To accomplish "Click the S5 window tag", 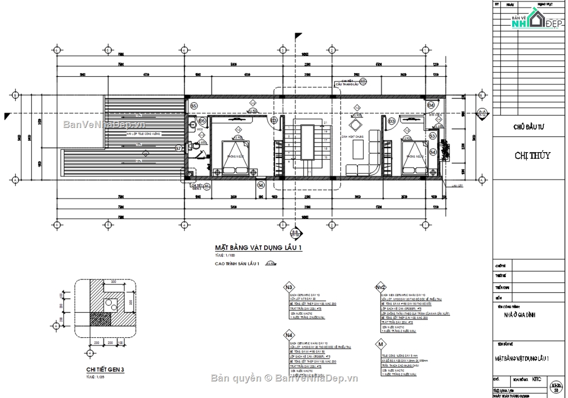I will point(194,106).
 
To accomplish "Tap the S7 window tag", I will point(178,148).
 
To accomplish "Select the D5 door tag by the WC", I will point(202,121).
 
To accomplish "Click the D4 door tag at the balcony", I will point(431,105).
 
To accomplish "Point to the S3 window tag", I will point(432,136).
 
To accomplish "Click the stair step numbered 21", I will point(325,123).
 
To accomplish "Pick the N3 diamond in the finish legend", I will point(288,287).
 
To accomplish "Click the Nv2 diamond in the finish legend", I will point(381,287).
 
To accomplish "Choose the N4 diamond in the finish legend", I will point(288,335).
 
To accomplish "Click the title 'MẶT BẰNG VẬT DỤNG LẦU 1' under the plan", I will point(258,248).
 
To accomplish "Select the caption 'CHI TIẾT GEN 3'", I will point(105,370).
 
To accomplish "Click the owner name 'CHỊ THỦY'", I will point(532,155).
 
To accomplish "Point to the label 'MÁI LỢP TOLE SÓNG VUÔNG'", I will point(143,134).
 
